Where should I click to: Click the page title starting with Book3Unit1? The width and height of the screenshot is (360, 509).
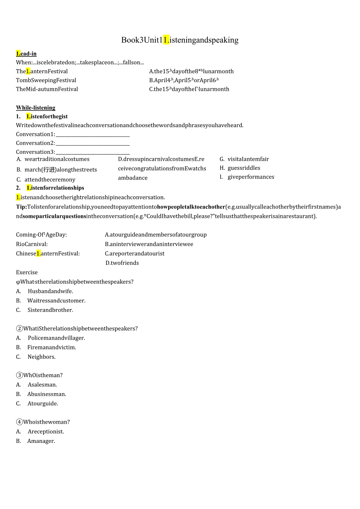point(180,40)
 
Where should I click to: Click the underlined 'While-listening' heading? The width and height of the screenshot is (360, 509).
point(36,108)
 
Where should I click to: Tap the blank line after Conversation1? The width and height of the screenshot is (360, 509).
point(93,135)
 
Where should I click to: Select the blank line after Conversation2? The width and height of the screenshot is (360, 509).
point(93,144)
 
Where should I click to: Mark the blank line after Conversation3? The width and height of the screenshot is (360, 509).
point(93,153)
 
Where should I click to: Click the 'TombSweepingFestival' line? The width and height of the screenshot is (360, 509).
point(46,80)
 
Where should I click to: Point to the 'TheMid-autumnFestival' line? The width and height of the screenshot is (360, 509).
point(47,89)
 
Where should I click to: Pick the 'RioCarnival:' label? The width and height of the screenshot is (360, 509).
point(32,244)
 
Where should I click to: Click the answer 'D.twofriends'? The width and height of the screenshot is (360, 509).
point(122,263)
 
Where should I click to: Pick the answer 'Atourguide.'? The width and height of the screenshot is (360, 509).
point(43,403)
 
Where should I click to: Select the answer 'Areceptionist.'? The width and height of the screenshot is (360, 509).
point(46,432)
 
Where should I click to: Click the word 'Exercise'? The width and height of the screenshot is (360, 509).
point(27,272)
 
